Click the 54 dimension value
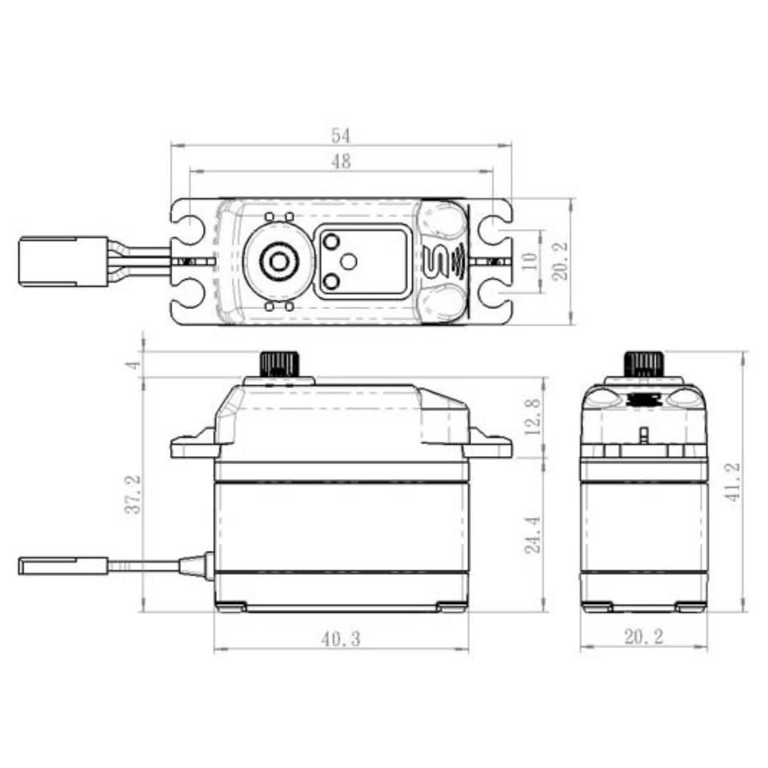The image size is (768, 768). [x=341, y=135]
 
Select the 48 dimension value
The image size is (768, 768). [x=341, y=162]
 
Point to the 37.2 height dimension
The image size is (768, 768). [x=133, y=494]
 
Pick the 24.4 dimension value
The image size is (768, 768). [x=532, y=534]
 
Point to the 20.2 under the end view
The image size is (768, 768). [x=643, y=638]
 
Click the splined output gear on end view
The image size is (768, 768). [x=643, y=364]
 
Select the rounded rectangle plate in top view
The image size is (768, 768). [x=362, y=262]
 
